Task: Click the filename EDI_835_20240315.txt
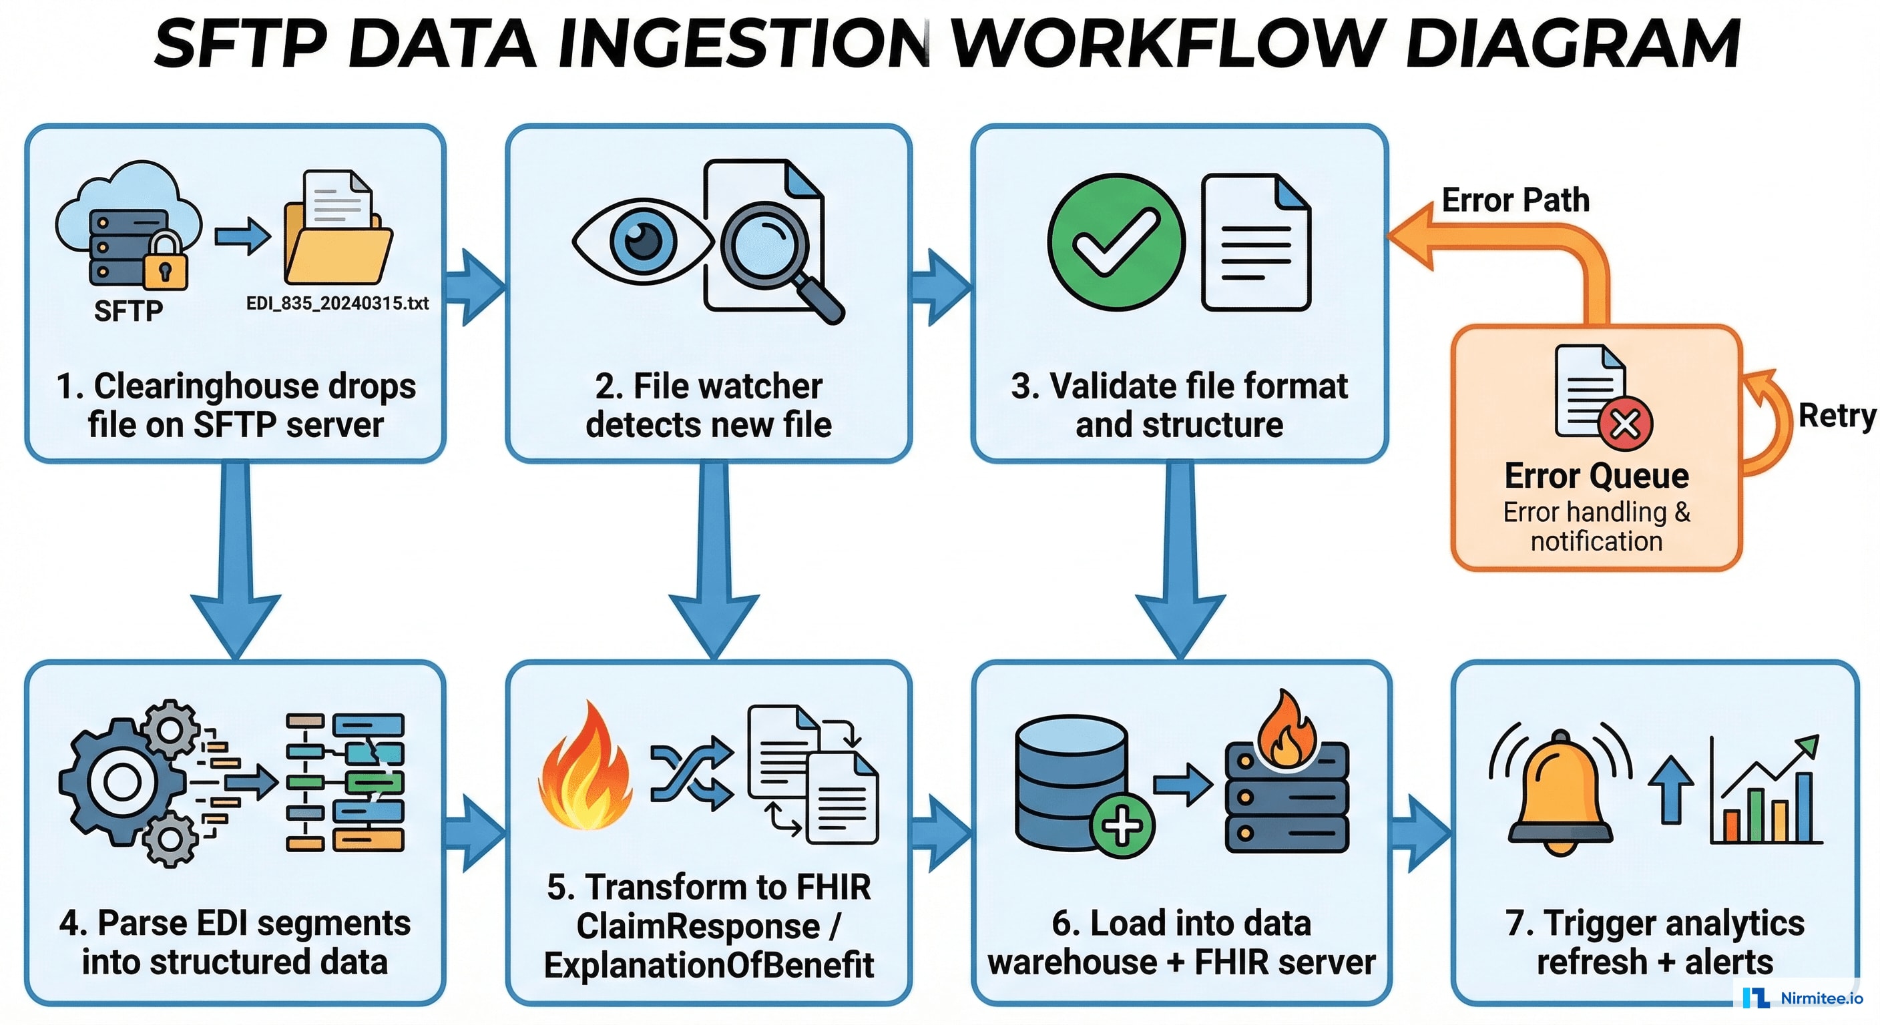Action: point(337,303)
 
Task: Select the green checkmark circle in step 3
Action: point(1116,242)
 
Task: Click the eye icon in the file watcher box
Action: point(642,241)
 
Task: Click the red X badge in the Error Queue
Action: point(1625,423)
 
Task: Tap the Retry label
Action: point(1835,416)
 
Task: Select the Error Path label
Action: point(1515,200)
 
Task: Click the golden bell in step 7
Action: point(1560,795)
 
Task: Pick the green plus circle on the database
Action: point(1122,825)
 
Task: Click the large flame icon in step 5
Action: point(585,769)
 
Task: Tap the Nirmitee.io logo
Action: point(1803,997)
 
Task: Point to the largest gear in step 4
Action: point(122,782)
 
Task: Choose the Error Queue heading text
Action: point(1596,476)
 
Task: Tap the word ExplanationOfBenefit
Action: point(708,964)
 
